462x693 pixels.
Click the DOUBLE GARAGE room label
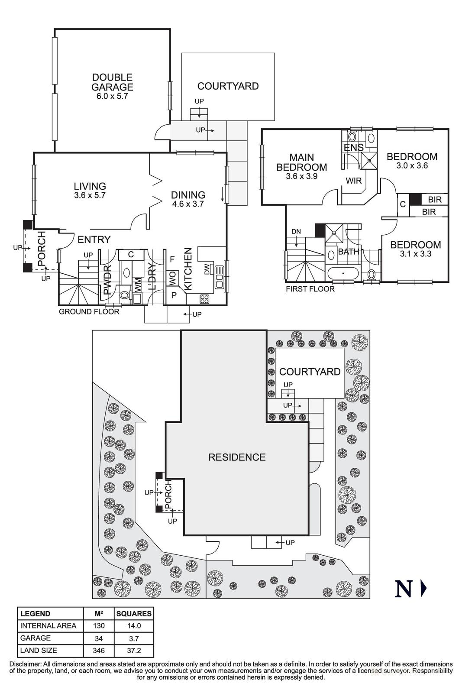point(112,82)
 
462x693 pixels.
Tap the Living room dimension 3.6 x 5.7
point(90,195)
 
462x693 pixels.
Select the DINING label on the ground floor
point(188,195)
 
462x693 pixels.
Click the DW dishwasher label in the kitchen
point(207,269)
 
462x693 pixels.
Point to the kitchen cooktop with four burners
point(204,298)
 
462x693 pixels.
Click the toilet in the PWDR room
point(124,295)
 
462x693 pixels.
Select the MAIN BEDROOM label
point(302,162)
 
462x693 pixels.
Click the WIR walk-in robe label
point(354,181)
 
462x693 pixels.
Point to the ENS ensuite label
point(353,148)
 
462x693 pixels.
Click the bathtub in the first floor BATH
point(342,274)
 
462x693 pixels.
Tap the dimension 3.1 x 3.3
point(416,254)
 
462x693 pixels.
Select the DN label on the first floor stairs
point(296,232)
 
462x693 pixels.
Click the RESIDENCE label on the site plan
point(237,457)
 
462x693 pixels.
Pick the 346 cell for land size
point(98,651)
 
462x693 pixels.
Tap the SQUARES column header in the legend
point(134,614)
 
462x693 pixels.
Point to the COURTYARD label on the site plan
point(310,372)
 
